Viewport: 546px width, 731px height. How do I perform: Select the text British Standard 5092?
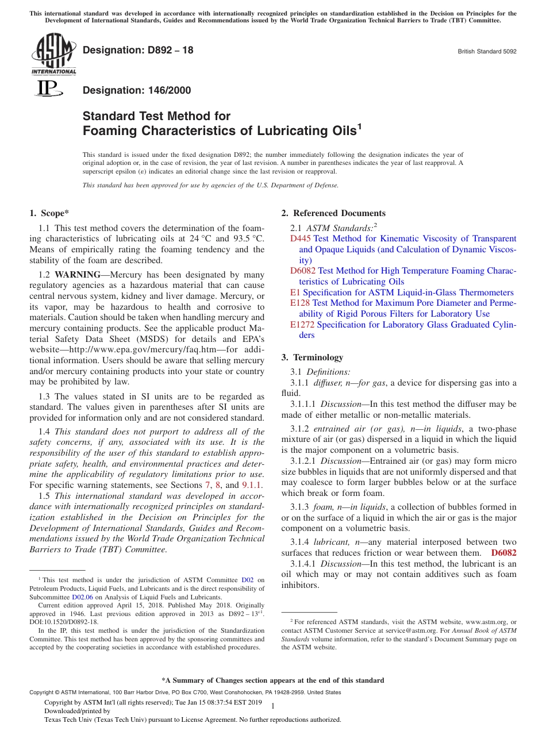click(487, 51)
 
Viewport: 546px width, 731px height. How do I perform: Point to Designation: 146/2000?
click(137, 90)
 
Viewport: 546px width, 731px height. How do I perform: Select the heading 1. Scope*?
click(49, 213)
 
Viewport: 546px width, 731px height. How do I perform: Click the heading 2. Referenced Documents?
click(333, 213)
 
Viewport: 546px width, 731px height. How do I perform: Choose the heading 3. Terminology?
click(312, 357)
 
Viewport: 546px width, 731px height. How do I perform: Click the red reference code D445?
click(300, 238)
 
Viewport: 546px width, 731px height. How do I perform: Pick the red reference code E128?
click(300, 303)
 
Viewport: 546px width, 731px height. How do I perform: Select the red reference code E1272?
click(302, 325)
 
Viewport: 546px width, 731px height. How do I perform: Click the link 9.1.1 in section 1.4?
click(252, 485)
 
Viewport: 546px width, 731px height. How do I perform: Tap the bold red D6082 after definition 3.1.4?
click(503, 553)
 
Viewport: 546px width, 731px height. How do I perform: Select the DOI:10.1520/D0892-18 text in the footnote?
click(64, 621)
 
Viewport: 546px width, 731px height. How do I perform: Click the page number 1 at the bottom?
click(272, 706)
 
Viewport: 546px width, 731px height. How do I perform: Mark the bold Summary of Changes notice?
click(272, 680)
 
